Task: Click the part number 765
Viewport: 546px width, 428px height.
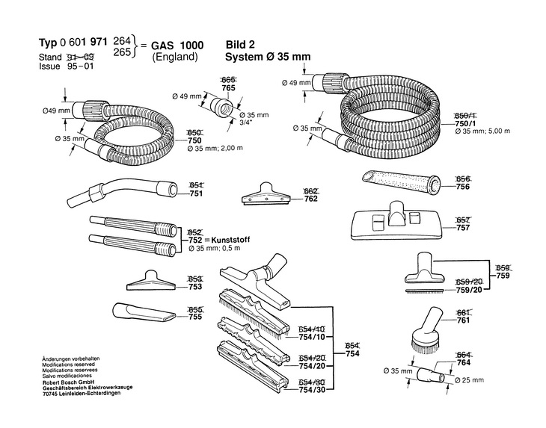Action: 229,87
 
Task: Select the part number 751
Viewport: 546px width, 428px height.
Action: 197,193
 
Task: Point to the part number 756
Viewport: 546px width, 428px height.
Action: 463,188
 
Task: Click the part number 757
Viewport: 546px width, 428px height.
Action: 463,229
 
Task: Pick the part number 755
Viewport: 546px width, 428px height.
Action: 197,317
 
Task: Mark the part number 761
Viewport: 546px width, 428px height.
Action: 463,321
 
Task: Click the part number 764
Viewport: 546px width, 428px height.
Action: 463,363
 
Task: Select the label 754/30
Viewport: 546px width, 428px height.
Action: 312,391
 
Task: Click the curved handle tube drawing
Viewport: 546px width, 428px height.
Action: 123,191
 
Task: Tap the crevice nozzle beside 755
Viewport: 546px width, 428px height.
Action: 141,310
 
